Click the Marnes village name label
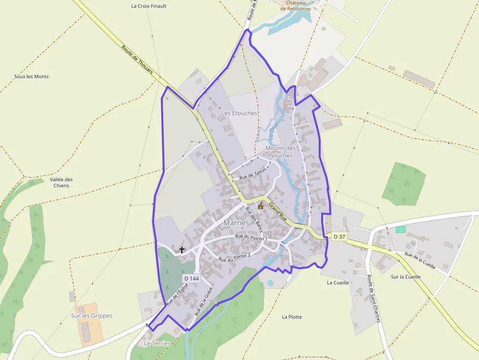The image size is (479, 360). click(236, 223)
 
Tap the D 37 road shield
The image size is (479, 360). click(339, 237)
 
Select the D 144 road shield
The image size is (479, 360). click(192, 278)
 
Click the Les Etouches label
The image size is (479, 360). click(239, 113)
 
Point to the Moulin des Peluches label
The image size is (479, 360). click(281, 151)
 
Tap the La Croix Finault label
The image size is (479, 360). click(149, 6)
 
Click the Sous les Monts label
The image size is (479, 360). click(31, 77)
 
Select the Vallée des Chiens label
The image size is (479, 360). click(61, 182)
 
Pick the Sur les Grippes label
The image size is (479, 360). click(92, 316)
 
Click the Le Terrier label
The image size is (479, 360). click(157, 343)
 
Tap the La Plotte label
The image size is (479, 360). click(292, 317)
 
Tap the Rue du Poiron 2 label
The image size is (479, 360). click(235, 256)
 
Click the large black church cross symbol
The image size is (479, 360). click(182, 250)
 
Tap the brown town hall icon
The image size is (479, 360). click(261, 206)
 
